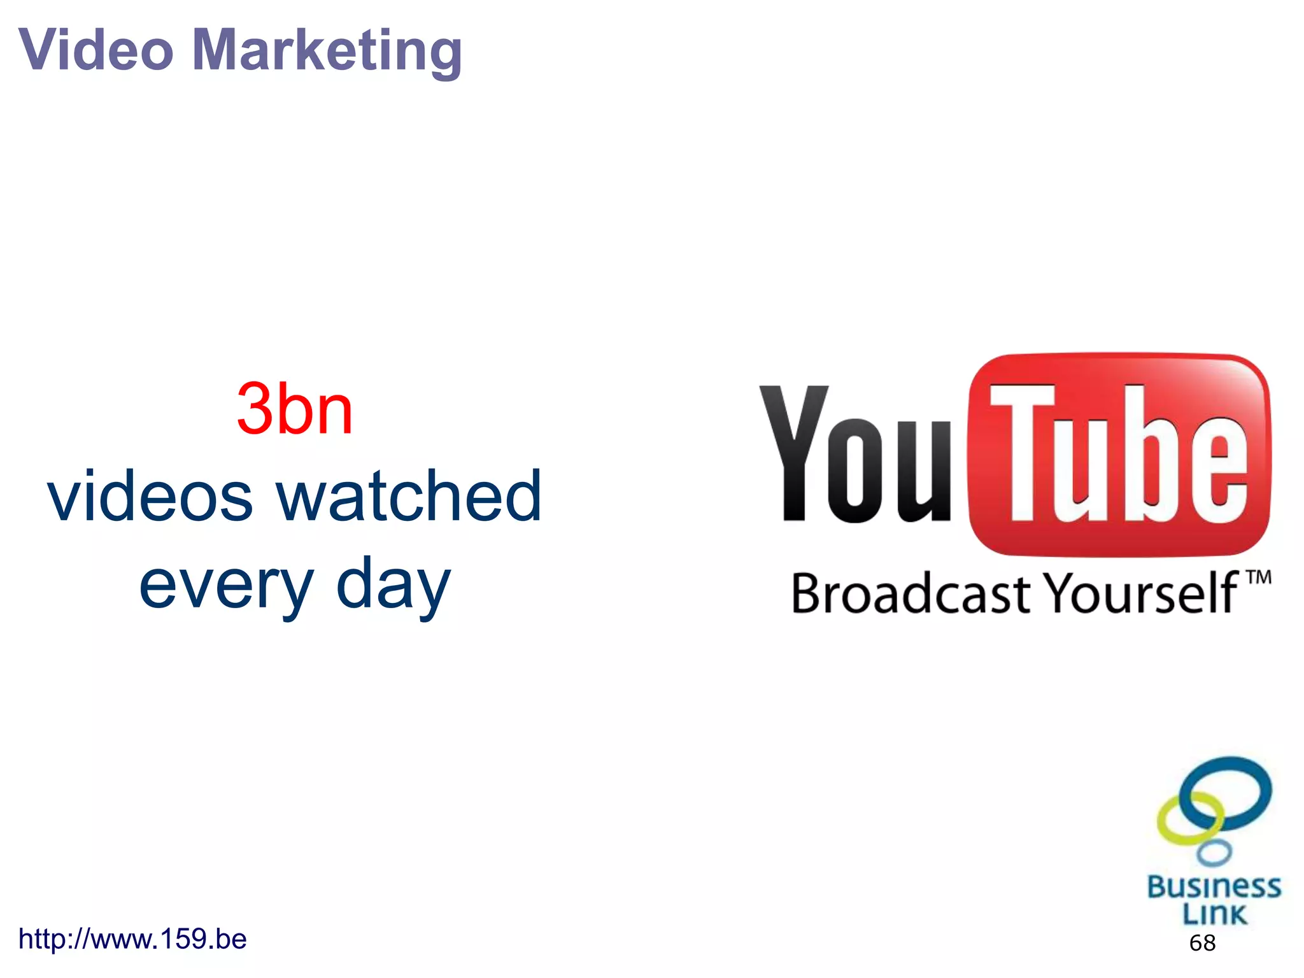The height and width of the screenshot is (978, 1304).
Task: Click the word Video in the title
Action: [96, 50]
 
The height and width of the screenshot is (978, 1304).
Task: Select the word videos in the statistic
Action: [150, 496]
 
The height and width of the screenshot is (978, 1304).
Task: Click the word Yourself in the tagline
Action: [1143, 593]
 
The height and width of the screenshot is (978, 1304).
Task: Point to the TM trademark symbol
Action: [1258, 578]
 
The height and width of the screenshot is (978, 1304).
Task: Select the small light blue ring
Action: [1214, 852]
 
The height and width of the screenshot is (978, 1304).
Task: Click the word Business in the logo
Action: [1214, 886]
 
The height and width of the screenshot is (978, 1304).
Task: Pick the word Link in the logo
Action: [1214, 914]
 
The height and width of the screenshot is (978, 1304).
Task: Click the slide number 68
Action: [1202, 943]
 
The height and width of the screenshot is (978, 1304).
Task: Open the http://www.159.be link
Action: [132, 939]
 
